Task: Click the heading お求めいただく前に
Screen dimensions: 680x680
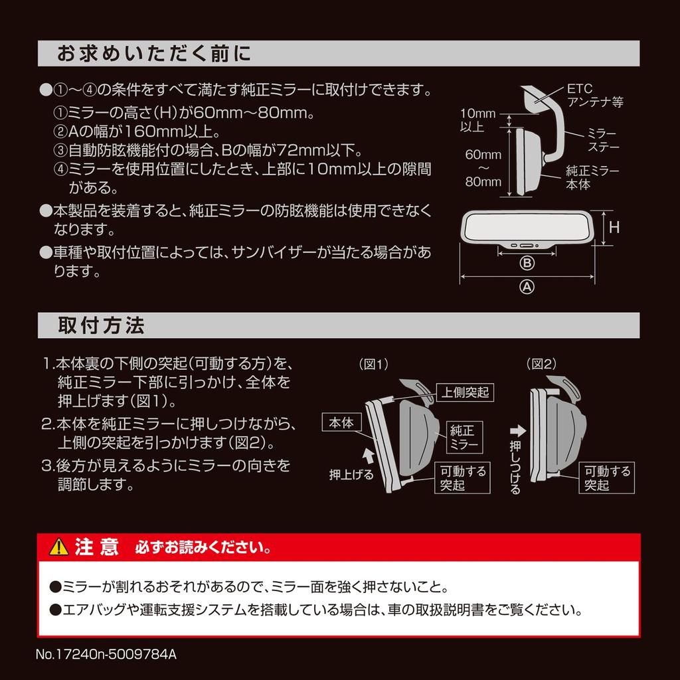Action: click(x=154, y=54)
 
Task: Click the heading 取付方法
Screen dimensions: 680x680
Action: click(x=101, y=326)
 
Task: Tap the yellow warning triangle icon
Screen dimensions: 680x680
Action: click(x=59, y=547)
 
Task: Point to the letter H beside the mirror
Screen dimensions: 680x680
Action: click(x=614, y=227)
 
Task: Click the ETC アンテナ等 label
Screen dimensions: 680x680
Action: click(x=594, y=96)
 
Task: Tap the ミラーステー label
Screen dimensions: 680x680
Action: click(x=602, y=139)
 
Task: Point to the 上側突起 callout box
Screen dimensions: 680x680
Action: click(x=466, y=392)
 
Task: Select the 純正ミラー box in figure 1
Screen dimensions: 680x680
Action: click(x=464, y=436)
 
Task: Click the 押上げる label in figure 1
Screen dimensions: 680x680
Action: click(x=352, y=475)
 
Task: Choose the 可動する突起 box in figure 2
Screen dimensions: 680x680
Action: click(x=607, y=478)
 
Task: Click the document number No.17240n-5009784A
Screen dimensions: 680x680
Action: click(x=106, y=654)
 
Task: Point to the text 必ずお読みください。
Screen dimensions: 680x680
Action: click(x=203, y=549)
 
